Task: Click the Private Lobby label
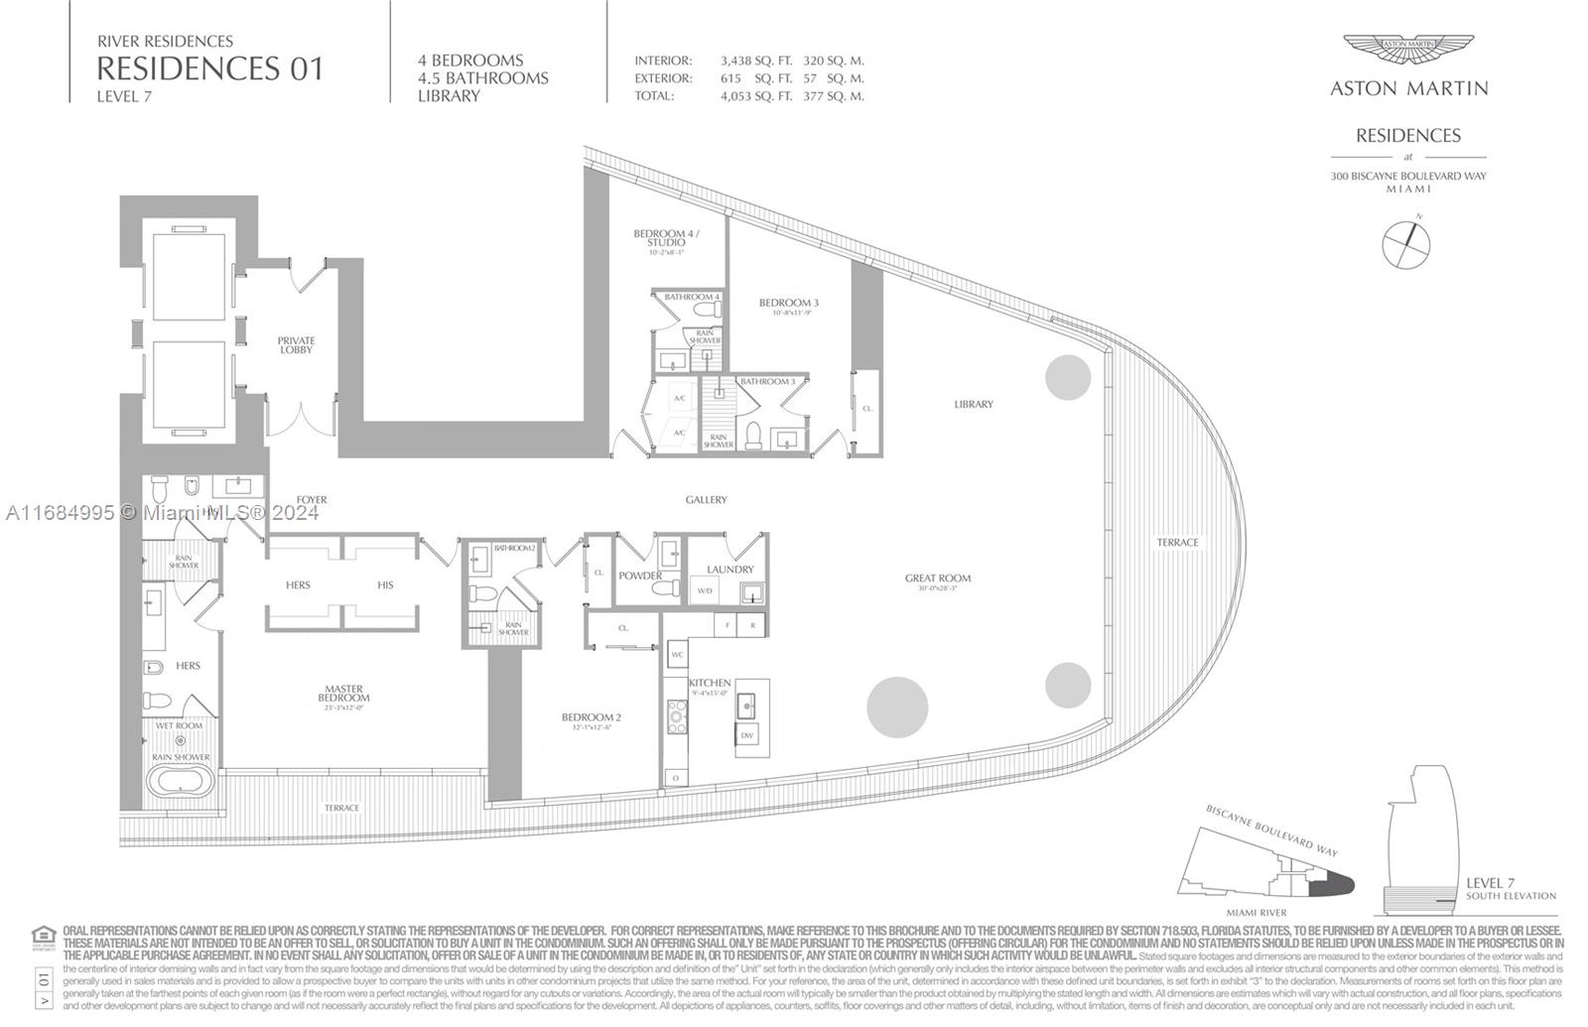(x=296, y=345)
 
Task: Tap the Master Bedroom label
(x=344, y=694)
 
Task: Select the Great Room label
(x=937, y=578)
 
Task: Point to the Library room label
(x=974, y=404)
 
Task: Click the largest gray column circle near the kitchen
(x=897, y=707)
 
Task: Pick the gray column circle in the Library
(x=1068, y=377)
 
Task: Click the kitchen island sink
(x=746, y=705)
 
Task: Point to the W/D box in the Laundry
(x=706, y=591)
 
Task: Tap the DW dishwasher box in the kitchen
(x=746, y=735)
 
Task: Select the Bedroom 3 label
(x=789, y=303)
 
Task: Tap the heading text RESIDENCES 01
(x=209, y=68)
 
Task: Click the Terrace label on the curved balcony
(x=1177, y=543)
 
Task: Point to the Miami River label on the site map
(x=1256, y=912)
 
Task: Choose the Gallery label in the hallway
(x=706, y=500)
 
